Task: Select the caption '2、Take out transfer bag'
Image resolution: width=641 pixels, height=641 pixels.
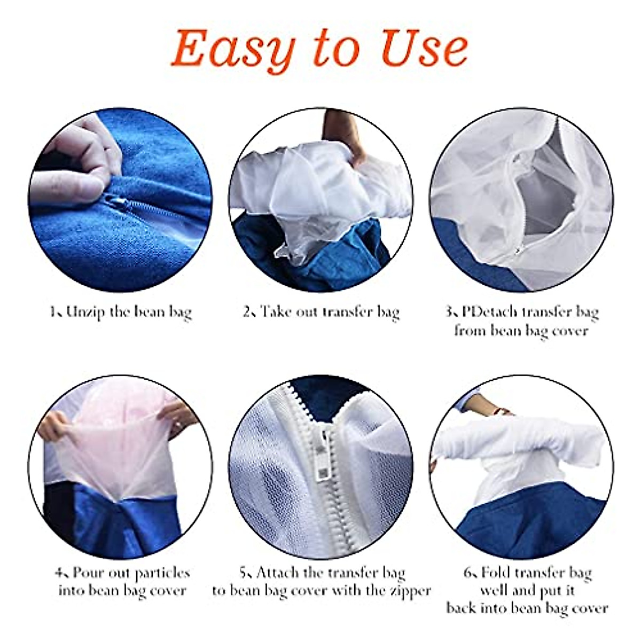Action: (x=321, y=312)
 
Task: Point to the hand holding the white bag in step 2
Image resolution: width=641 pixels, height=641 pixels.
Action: (x=344, y=134)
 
